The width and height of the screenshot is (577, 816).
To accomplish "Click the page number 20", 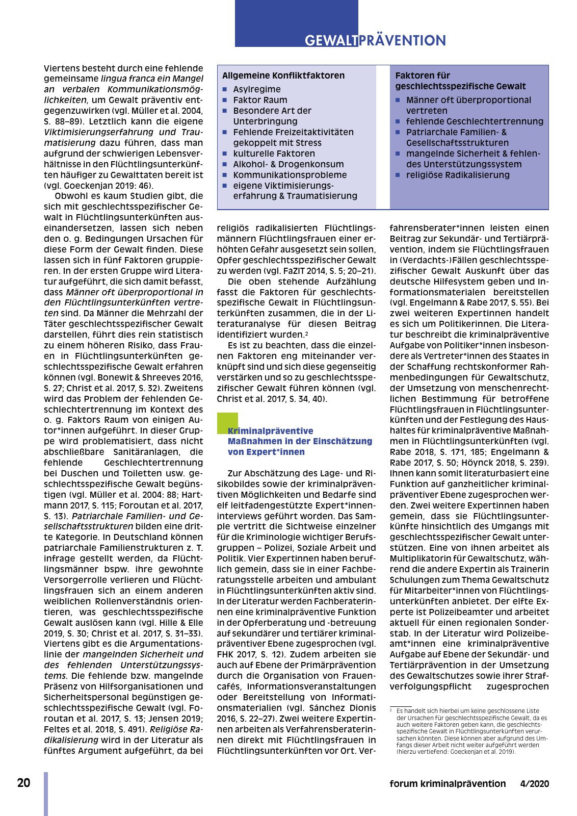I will (x=24, y=783).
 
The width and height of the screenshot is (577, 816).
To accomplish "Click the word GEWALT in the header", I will (x=331, y=41).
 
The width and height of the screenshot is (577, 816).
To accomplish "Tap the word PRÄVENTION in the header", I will (x=403, y=41).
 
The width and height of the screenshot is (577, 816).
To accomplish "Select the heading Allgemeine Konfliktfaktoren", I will (x=283, y=75).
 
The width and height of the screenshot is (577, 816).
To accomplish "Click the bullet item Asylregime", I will (x=257, y=89).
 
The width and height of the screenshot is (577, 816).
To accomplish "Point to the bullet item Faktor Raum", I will (x=260, y=100).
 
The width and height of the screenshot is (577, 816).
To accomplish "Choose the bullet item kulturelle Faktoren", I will (x=274, y=154).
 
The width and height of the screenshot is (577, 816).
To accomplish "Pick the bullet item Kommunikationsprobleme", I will (x=290, y=175).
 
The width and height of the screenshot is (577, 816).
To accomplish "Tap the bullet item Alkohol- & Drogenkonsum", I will (x=288, y=164).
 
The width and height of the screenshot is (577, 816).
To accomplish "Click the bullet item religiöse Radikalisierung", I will (x=458, y=175).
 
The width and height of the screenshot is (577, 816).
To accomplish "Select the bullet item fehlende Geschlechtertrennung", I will (x=475, y=121).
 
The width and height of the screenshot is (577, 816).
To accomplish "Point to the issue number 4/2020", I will (x=535, y=784).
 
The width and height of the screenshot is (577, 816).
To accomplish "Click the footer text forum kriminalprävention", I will (x=448, y=784).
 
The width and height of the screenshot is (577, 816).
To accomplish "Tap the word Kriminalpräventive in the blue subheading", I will (x=271, y=431).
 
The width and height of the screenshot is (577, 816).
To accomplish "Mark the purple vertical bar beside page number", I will (x=46, y=794).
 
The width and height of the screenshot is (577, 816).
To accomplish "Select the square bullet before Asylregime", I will (x=225, y=89).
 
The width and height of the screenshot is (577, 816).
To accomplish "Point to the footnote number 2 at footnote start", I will (x=391, y=709).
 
